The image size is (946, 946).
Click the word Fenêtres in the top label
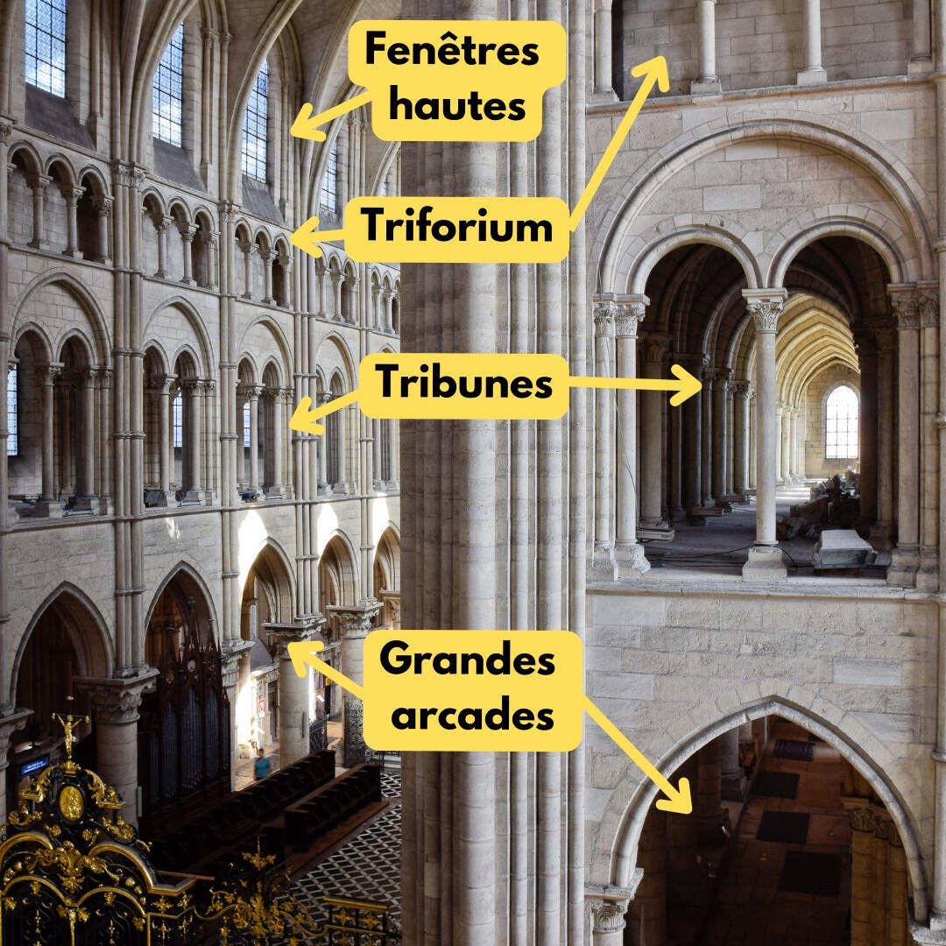(451, 51)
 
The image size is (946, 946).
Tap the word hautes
(457, 105)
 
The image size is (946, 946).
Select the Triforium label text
(456, 228)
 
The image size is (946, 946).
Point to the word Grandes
(467, 660)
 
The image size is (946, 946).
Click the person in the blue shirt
(262, 764)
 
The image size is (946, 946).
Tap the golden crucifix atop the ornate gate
(69, 727)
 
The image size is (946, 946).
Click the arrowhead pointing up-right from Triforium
(660, 67)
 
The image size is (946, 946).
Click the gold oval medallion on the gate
(72, 802)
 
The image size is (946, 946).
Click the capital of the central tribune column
(766, 311)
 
